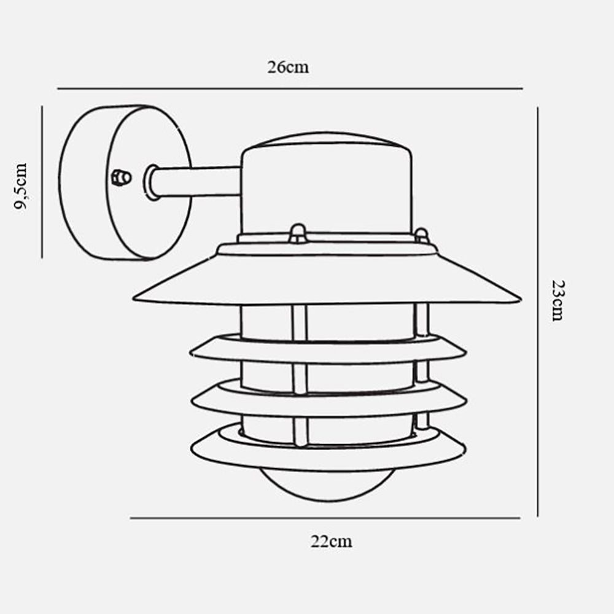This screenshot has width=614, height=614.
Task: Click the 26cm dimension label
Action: tap(288, 67)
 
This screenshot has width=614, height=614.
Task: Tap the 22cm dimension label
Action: tap(332, 542)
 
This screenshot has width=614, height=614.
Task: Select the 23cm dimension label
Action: tap(558, 301)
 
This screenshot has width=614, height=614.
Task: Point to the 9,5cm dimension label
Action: tap(20, 187)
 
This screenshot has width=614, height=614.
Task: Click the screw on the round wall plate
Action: tap(121, 177)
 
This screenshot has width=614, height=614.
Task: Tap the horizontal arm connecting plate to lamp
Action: tap(196, 182)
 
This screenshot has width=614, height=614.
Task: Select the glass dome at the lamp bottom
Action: tap(327, 485)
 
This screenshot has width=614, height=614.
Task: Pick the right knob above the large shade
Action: tap(421, 236)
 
